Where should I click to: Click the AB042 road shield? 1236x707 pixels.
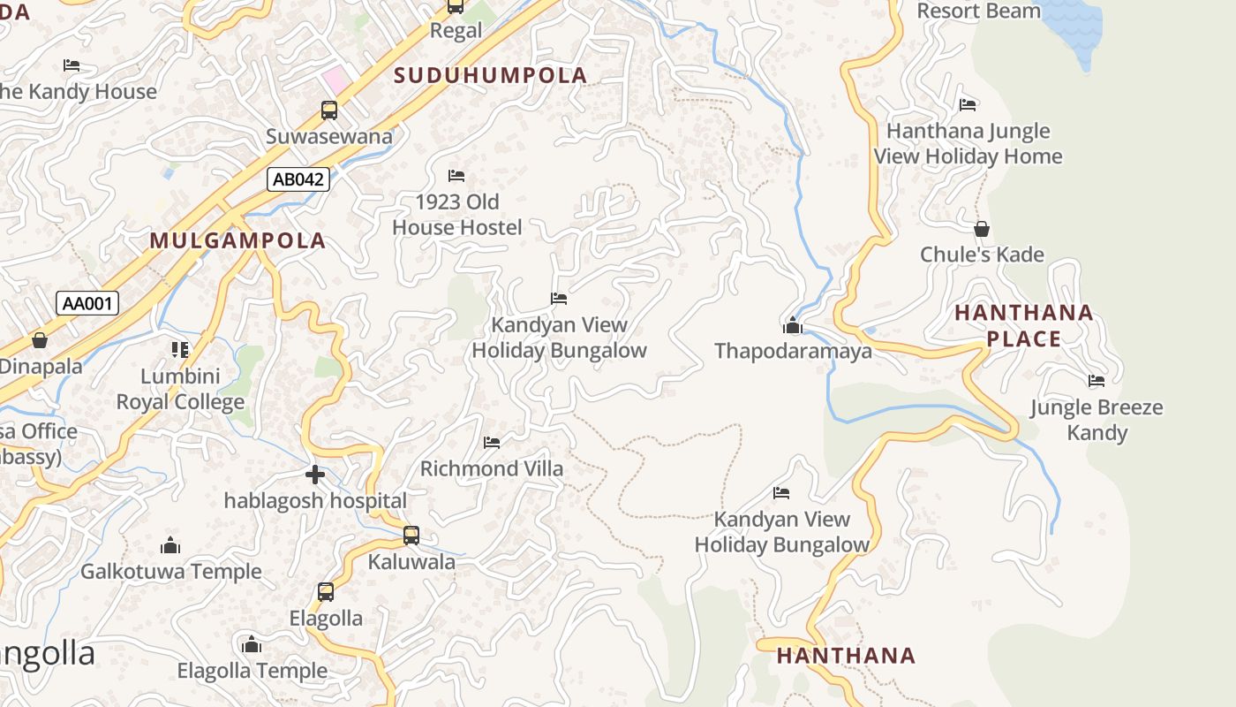298,179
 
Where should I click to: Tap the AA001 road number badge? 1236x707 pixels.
87,304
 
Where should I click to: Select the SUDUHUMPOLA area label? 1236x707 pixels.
491,76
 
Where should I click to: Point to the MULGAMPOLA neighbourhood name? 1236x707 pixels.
237,240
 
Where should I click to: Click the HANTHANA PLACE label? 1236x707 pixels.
1024,325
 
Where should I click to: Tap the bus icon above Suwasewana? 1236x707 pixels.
328,110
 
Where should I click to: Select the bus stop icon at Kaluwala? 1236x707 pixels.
411,536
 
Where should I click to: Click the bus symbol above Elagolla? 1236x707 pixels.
326,592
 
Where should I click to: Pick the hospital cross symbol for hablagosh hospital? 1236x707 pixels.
315,475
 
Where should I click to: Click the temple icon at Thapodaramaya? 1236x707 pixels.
792,326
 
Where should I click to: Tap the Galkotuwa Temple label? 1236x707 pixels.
171,572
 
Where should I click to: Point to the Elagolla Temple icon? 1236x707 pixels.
252,645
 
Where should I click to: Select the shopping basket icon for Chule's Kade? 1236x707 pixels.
981,230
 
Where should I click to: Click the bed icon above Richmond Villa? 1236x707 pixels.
492,443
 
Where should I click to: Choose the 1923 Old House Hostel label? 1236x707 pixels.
457,215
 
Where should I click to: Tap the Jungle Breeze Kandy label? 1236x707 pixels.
1097,420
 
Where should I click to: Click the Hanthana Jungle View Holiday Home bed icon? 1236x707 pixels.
968,105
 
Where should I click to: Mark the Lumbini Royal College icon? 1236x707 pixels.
180,350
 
